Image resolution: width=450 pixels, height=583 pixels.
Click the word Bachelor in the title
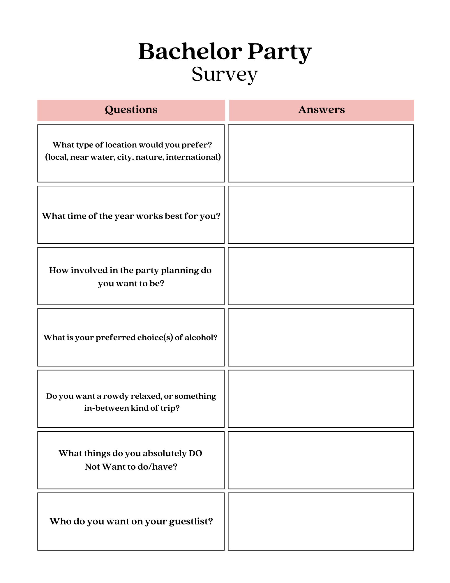coord(190,52)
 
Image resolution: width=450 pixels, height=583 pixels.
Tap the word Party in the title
coord(280,52)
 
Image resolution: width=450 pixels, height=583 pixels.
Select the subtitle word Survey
coord(225,74)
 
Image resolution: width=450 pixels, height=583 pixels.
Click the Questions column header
coord(131,110)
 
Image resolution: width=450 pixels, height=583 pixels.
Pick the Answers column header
coord(321,110)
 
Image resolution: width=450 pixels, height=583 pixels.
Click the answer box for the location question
coord(321,153)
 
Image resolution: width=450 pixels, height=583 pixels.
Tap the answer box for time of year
coord(321,215)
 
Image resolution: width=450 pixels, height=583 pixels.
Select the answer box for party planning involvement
coord(321,276)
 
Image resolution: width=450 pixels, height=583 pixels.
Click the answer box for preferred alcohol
coord(321,337)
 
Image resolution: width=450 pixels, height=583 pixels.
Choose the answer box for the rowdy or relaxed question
coord(321,399)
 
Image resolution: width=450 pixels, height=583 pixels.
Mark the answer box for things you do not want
coord(321,460)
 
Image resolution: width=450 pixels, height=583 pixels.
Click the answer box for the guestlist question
coord(321,521)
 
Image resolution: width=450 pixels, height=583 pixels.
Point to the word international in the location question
coord(193,157)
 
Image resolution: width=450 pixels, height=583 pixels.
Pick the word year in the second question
coord(124,216)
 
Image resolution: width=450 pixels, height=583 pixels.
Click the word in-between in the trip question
coord(106,408)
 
